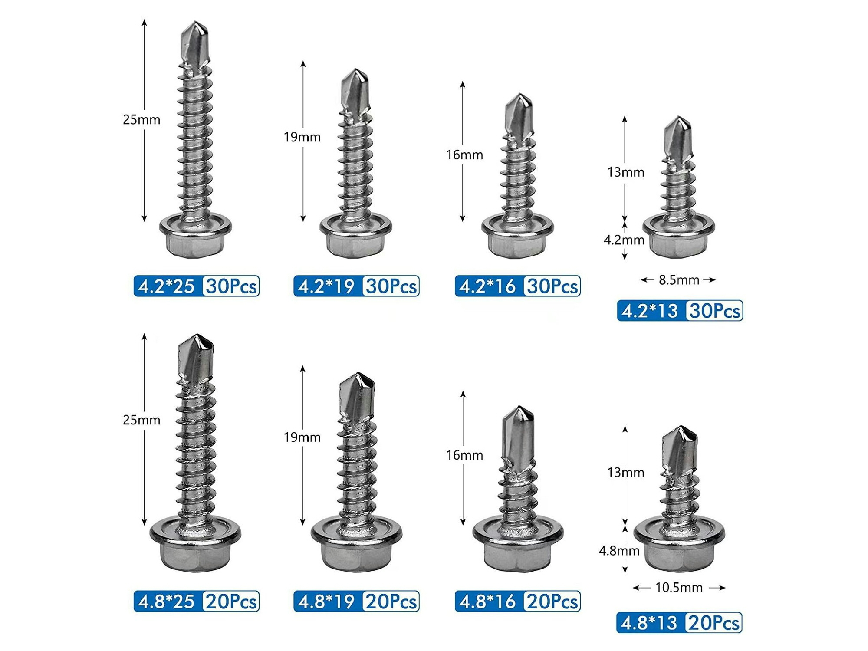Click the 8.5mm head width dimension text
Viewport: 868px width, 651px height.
point(679,280)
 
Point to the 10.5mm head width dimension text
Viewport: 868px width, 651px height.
point(679,588)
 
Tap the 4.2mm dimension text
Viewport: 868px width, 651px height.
point(624,240)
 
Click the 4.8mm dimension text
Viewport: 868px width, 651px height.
point(619,551)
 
